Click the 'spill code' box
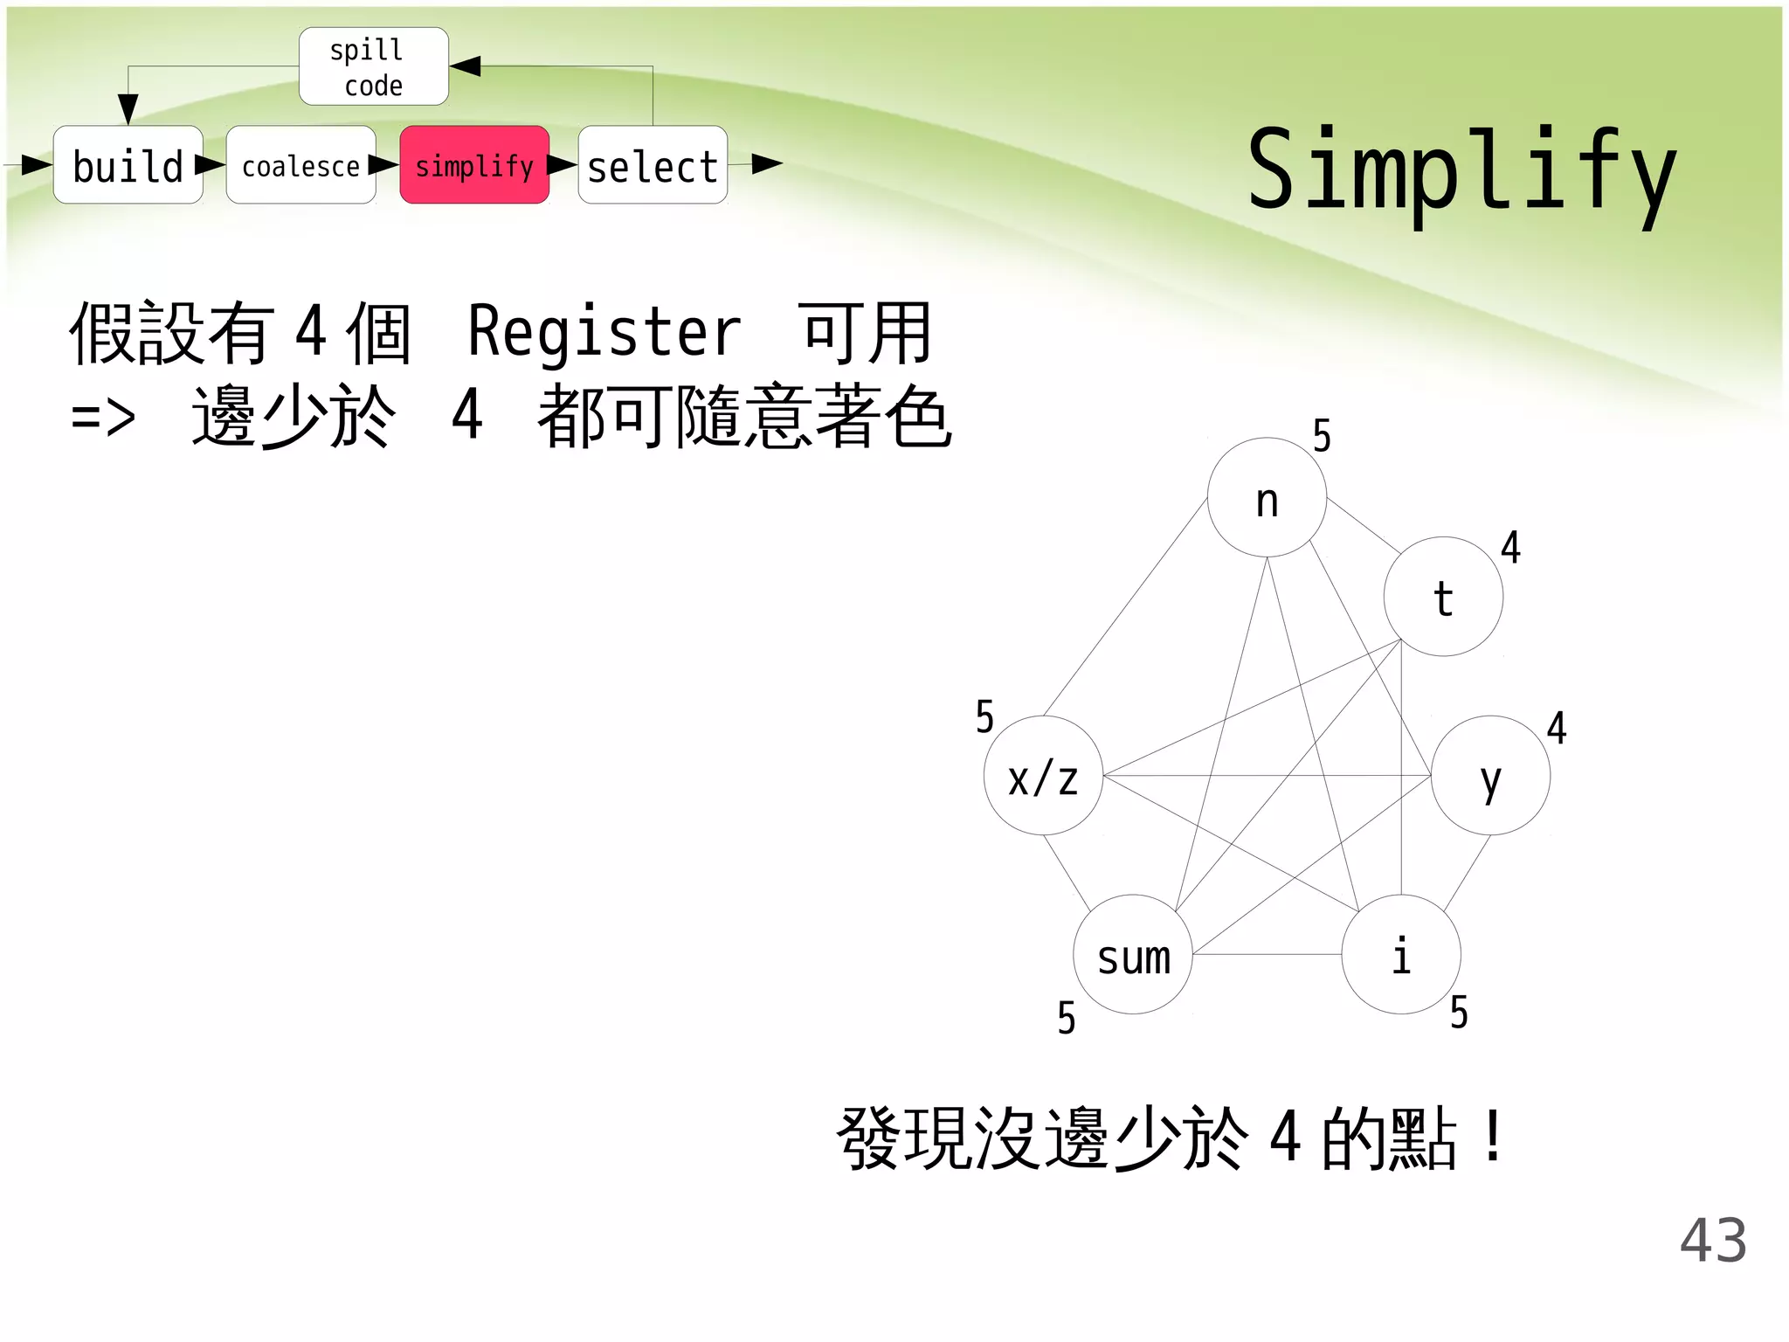coord(373,66)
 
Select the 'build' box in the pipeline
coord(128,165)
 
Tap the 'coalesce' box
coord(300,165)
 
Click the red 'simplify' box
coord(474,165)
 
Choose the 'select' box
coord(653,165)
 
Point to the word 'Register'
coord(604,332)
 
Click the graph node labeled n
coord(1267,498)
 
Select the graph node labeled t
coord(1443,597)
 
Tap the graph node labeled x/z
coord(1043,776)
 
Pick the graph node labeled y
coord(1490,776)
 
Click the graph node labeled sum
coord(1133,955)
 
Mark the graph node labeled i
coord(1401,955)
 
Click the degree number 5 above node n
coord(1322,436)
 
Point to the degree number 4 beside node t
coord(1510,548)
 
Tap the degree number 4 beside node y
coord(1557,728)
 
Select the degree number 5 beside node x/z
coord(984,717)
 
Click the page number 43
coord(1713,1240)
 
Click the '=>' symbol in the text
coord(103,418)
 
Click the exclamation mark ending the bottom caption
coord(1494,1136)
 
